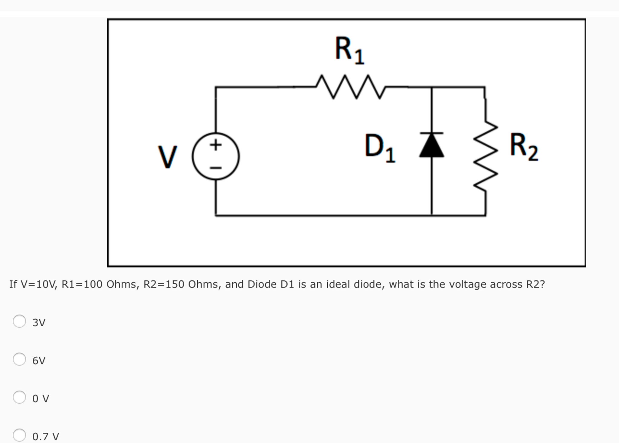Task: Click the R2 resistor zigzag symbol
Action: (486, 156)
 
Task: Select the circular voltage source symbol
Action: (216, 156)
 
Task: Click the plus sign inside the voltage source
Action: (216, 145)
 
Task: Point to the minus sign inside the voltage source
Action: (216, 168)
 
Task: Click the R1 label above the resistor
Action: (349, 50)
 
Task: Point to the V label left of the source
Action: (167, 157)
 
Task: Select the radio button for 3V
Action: (19, 321)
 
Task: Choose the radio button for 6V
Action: (19, 359)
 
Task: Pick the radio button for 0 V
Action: (19, 397)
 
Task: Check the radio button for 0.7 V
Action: (19, 435)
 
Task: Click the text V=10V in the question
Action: (38, 284)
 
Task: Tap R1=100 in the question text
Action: (82, 284)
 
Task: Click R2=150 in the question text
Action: (164, 284)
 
